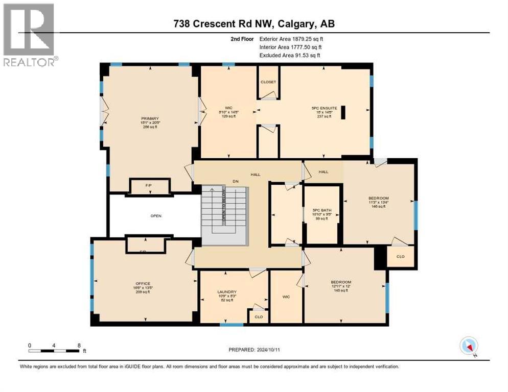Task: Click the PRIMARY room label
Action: click(143, 118)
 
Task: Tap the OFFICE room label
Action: click(143, 283)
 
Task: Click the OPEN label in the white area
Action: click(156, 216)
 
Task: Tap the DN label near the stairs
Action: click(236, 181)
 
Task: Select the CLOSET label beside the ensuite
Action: click(268, 82)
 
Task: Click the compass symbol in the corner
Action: click(469, 346)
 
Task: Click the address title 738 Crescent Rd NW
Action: click(253, 24)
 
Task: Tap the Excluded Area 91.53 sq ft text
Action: click(290, 55)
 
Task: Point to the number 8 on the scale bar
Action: click(79, 346)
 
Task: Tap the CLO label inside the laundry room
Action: click(259, 316)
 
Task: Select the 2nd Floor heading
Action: click(240, 38)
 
